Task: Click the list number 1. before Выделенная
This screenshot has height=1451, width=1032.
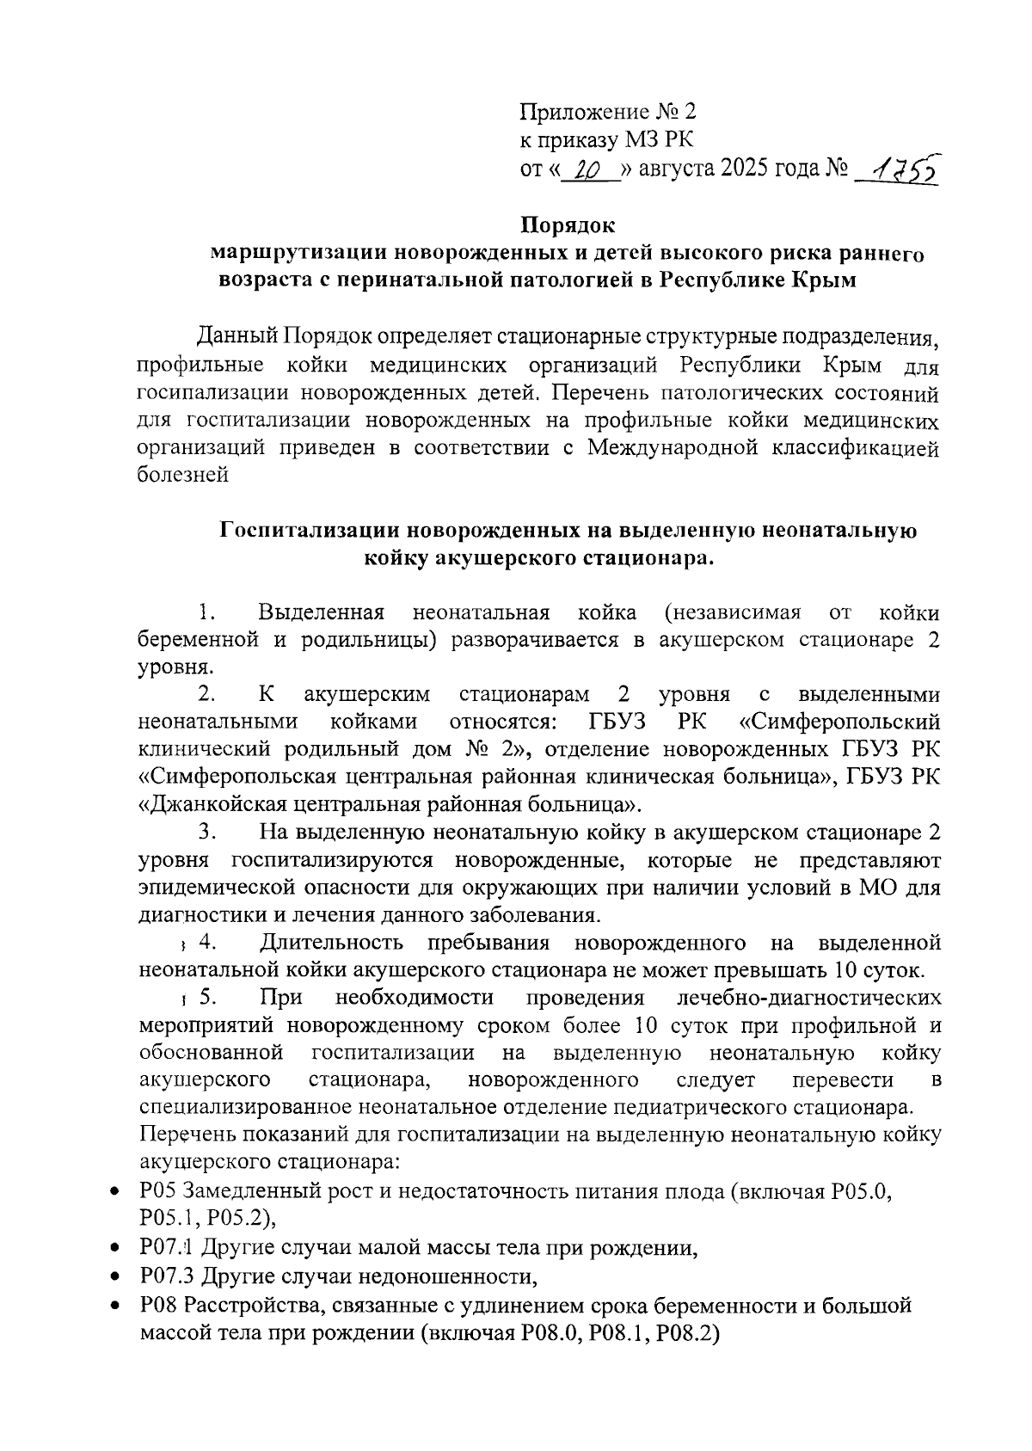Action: pyautogui.click(x=205, y=612)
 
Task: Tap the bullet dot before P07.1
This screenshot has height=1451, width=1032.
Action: pyautogui.click(x=114, y=1248)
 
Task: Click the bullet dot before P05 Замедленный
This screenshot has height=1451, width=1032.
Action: pyautogui.click(x=114, y=1192)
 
